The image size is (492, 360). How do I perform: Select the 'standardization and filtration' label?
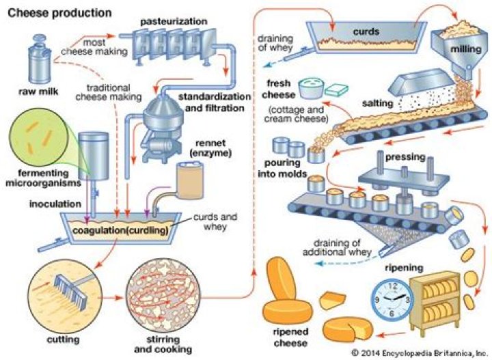(x=212, y=102)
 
